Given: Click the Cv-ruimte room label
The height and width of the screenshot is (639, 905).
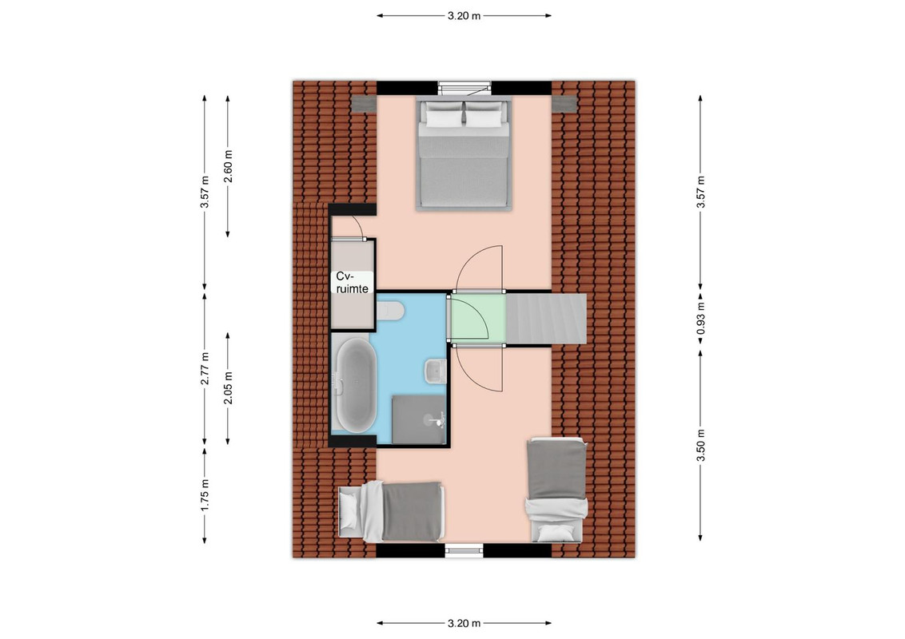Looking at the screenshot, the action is point(352,283).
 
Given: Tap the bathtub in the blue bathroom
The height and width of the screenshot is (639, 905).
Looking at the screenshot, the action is point(356,385).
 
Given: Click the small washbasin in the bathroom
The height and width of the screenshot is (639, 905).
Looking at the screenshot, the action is point(436,371).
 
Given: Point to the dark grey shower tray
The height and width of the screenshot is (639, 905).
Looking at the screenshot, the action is point(420,419).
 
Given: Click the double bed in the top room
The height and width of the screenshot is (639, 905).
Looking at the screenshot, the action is point(464,153).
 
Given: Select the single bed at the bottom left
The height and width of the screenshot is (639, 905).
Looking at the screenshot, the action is point(391,511).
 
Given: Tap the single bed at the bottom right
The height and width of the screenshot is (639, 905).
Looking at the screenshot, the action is point(557,490).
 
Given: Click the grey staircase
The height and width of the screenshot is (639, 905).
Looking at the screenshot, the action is point(546,318).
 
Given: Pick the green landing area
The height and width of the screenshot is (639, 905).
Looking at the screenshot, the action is point(478,319).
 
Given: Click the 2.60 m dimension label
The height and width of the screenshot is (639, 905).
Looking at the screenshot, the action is point(229,166).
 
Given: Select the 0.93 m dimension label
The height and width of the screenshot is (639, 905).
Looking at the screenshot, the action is point(700,319).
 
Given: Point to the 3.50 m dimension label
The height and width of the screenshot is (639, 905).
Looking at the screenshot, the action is point(700,446).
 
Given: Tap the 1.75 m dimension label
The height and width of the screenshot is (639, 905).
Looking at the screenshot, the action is point(205,494).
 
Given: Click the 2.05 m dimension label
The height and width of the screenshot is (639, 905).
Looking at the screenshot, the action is point(229,388).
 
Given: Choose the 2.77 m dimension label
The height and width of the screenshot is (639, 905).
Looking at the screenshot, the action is point(205,368).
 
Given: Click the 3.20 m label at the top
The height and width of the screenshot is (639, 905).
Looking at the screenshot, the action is point(464,16).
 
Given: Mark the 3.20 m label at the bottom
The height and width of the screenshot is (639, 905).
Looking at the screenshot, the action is point(464,623).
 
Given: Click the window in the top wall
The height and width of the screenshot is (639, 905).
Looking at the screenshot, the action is point(464,88).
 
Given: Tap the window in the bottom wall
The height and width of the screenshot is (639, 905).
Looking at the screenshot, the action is point(464,551).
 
